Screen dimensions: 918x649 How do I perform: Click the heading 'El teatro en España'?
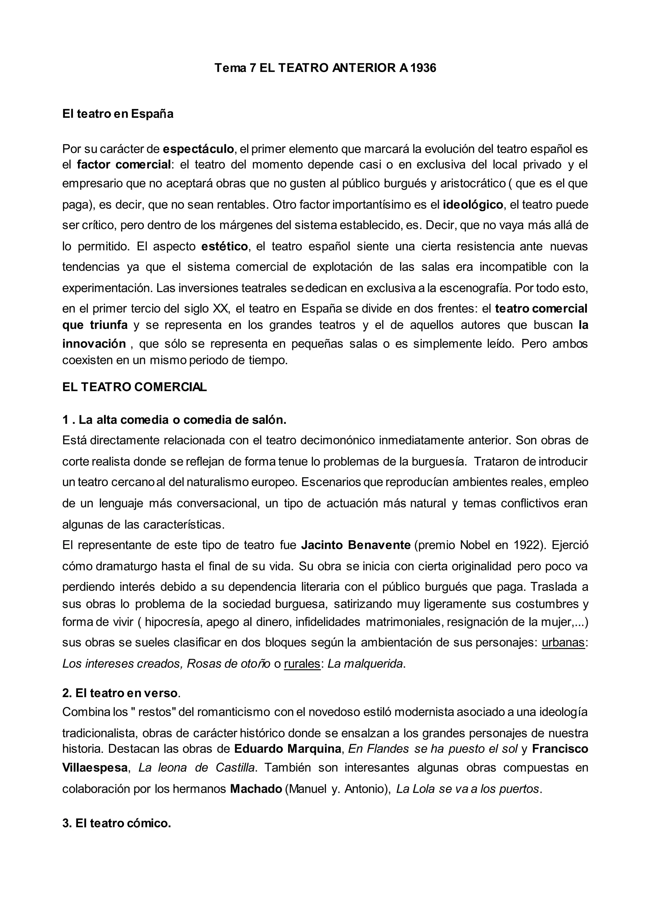(118, 114)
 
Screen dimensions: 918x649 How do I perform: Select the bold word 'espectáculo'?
(198, 149)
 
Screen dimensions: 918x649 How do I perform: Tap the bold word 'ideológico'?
(473, 205)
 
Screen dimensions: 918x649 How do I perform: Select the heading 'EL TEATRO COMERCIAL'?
(134, 387)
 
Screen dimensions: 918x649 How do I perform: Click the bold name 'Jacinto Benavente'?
(356, 545)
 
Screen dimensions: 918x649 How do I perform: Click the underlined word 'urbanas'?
(563, 643)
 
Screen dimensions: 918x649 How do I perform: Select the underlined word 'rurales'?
(302, 664)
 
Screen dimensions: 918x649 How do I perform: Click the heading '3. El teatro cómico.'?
(117, 824)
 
